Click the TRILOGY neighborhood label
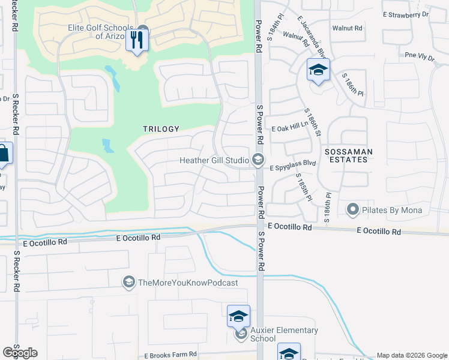[x=161, y=129]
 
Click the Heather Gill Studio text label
[x=214, y=160]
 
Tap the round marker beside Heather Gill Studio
[x=258, y=160]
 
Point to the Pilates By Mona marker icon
[x=353, y=210]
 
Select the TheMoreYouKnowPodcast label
[x=188, y=283]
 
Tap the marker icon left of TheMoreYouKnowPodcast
[x=128, y=282]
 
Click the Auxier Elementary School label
[x=284, y=334]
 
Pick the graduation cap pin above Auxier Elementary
[x=238, y=316]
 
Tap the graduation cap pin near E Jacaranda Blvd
[x=318, y=71]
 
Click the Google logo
[x=20, y=353]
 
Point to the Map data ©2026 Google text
[x=412, y=355]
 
